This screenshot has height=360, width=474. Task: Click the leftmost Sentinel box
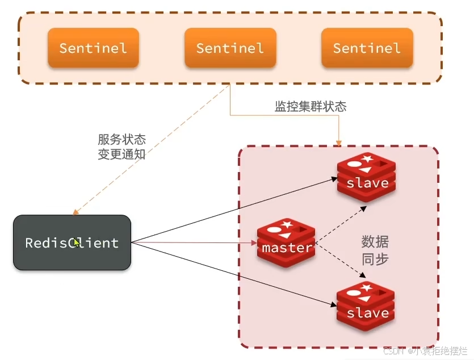(93, 48)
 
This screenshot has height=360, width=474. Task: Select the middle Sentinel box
(230, 48)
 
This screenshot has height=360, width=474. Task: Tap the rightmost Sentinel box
(367, 48)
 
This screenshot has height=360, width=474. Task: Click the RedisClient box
(72, 242)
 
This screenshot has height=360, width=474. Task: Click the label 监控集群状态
(311, 106)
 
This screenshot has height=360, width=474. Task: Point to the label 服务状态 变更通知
(121, 146)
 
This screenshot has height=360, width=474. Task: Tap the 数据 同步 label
(375, 250)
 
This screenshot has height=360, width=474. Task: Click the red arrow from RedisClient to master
(193, 243)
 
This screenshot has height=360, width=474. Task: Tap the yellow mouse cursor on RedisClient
(77, 243)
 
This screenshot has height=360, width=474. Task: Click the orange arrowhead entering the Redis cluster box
(339, 141)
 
